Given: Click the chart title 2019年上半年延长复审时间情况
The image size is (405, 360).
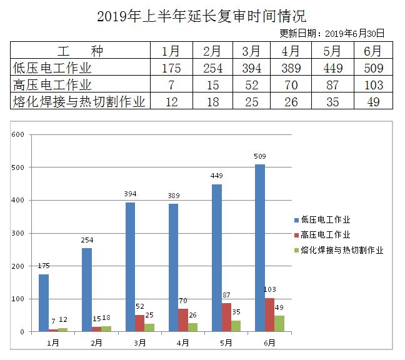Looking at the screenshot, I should pyautogui.click(x=202, y=16).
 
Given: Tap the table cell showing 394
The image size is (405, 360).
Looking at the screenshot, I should pyautogui.click(x=251, y=68).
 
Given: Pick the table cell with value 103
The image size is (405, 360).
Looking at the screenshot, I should pyautogui.click(x=374, y=85).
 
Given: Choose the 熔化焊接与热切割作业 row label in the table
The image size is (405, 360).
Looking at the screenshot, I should pyautogui.click(x=79, y=101).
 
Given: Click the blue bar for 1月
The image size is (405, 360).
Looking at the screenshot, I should pyautogui.click(x=43, y=302).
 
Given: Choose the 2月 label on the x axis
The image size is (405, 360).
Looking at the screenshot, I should pyautogui.click(x=96, y=342).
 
